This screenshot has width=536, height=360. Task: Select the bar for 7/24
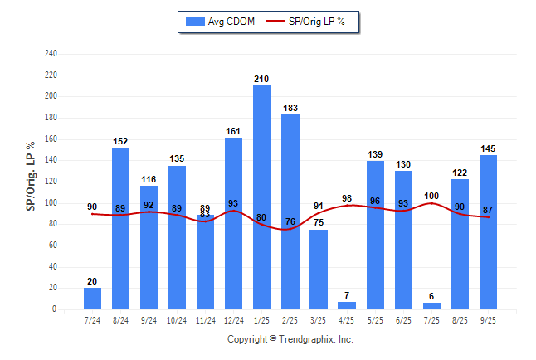pos(93,299)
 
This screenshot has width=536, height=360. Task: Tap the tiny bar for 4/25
pos(347,305)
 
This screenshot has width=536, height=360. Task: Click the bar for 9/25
pos(488,232)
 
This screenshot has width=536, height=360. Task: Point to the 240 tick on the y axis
pos(51,54)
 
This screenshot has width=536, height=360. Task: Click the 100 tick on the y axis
pos(51,203)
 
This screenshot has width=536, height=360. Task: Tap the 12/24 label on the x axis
pos(234,319)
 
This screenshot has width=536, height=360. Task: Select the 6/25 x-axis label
pos(403,319)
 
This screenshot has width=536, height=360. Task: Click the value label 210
pos(262,79)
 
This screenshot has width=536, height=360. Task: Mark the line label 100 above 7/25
pos(431,196)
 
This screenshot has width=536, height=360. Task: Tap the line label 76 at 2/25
pos(290,221)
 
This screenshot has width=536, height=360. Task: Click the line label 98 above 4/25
pos(347,197)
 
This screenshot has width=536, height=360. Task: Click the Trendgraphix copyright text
pos(290,339)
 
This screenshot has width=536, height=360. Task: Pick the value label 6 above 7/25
pos(431,296)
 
